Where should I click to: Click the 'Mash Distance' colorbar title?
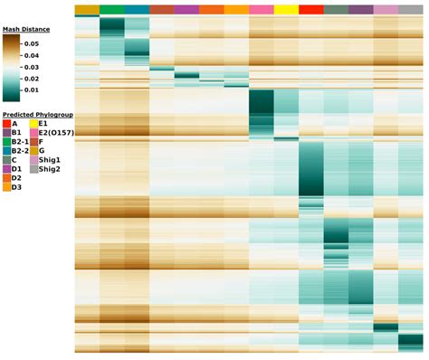(25, 30)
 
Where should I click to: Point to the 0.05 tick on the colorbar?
(32, 43)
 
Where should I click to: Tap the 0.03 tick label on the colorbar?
(32, 67)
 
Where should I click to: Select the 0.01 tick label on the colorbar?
(32, 90)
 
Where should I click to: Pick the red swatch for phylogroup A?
(7, 124)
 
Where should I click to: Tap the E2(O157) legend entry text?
(56, 133)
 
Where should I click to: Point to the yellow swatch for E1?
(33, 124)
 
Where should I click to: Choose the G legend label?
(41, 150)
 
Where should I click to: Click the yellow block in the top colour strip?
(285, 10)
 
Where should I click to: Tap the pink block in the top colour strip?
(261, 10)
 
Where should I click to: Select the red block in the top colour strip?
(310, 10)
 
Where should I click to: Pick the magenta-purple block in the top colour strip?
(186, 10)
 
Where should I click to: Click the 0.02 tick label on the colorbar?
(32, 78)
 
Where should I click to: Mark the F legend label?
(41, 141)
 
